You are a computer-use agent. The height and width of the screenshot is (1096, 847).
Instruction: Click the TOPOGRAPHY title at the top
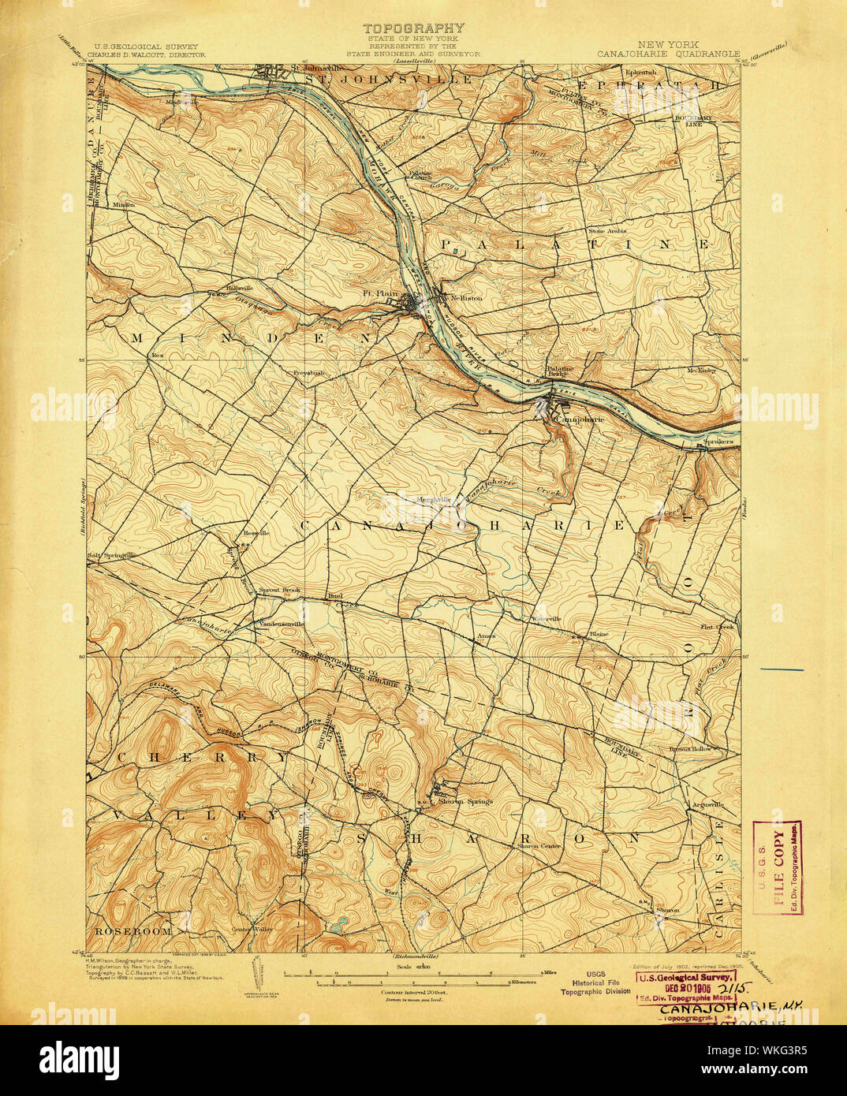412,28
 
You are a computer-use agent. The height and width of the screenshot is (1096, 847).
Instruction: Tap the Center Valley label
252,929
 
